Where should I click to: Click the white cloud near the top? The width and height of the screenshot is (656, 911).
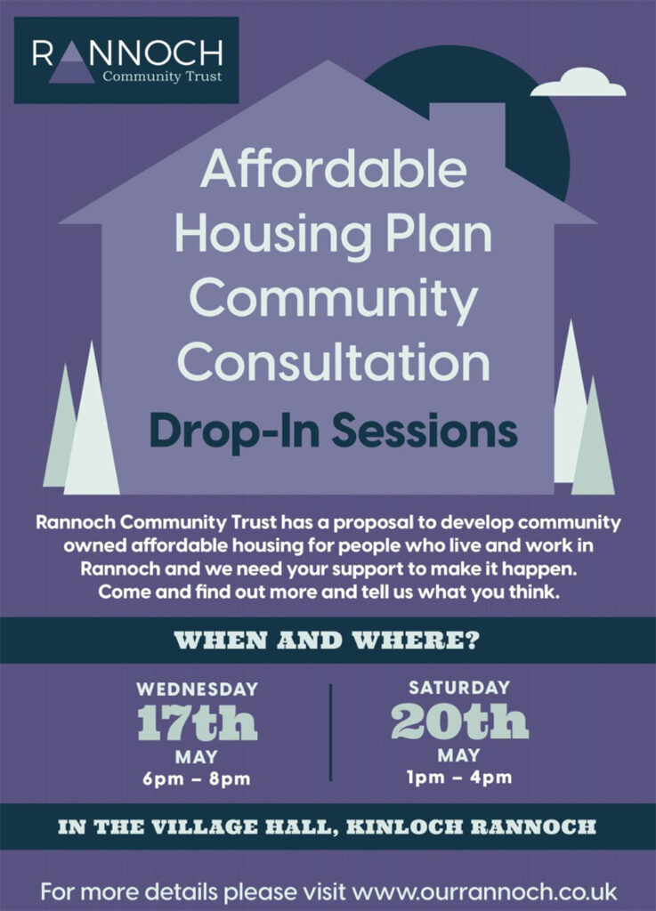[579, 83]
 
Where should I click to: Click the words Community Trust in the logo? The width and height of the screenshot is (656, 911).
[162, 77]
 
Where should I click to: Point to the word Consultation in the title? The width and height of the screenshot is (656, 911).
[334, 362]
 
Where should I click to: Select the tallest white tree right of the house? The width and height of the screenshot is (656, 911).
[571, 407]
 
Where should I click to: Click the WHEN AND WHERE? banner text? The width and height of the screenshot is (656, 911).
[328, 641]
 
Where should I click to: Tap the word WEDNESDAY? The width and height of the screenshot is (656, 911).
[197, 689]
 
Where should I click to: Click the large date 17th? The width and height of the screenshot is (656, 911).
[197, 722]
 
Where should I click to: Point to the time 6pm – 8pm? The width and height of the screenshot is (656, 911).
[197, 778]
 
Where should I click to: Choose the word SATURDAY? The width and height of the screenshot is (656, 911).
[459, 688]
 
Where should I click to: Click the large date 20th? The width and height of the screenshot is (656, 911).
[459, 721]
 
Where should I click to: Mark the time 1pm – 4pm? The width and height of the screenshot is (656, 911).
[459, 778]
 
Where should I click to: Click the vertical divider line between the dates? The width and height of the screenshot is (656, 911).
[330, 732]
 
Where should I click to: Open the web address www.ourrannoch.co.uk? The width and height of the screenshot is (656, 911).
[484, 891]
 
